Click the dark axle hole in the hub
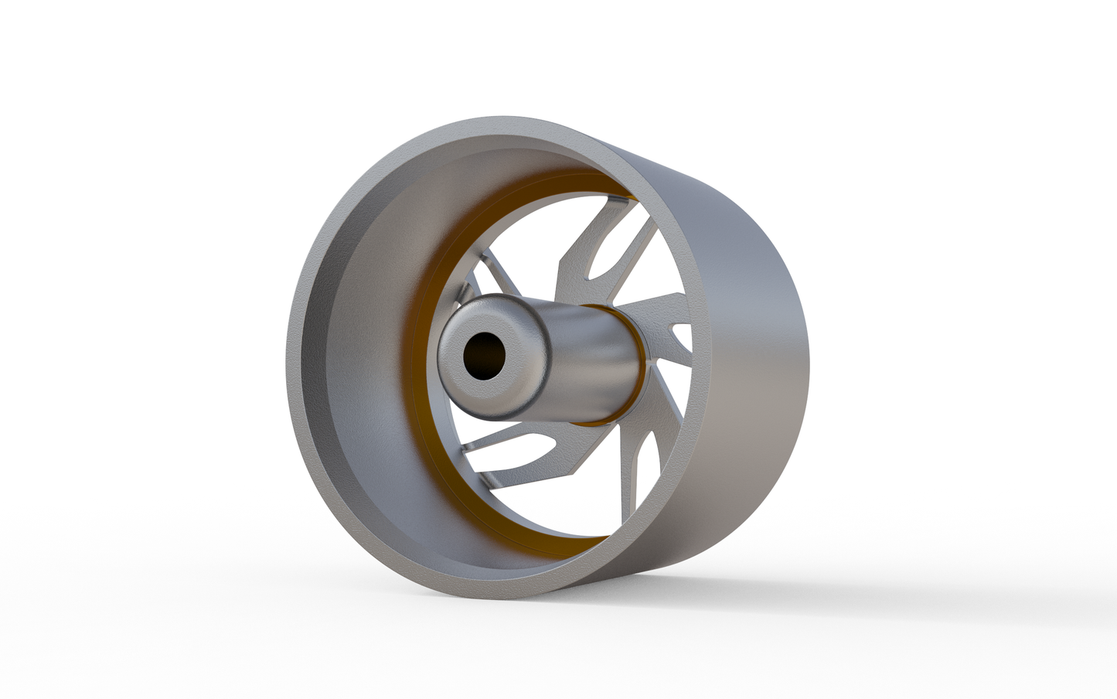pyautogui.click(x=484, y=356)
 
